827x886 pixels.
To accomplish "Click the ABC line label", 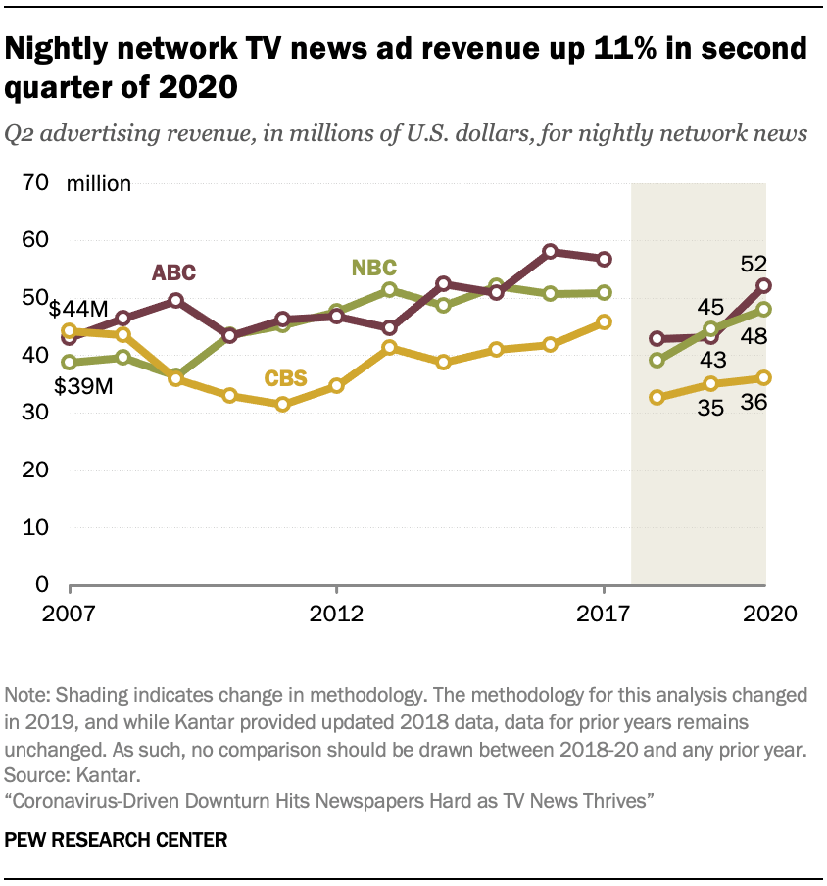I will pyautogui.click(x=174, y=272).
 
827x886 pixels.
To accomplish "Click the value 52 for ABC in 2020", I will pyautogui.click(x=754, y=262).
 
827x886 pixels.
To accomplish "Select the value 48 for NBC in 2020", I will pyautogui.click(x=754, y=336).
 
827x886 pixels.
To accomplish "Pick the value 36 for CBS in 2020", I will pyautogui.click(x=754, y=402).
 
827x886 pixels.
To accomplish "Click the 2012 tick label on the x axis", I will pyautogui.click(x=336, y=614).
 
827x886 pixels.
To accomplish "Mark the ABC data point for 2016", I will pyautogui.click(x=551, y=252).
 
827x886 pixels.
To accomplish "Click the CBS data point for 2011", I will pyautogui.click(x=283, y=404).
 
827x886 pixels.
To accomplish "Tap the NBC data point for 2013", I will pyautogui.click(x=389, y=289).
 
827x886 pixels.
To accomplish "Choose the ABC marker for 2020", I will pyautogui.click(x=763, y=285).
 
